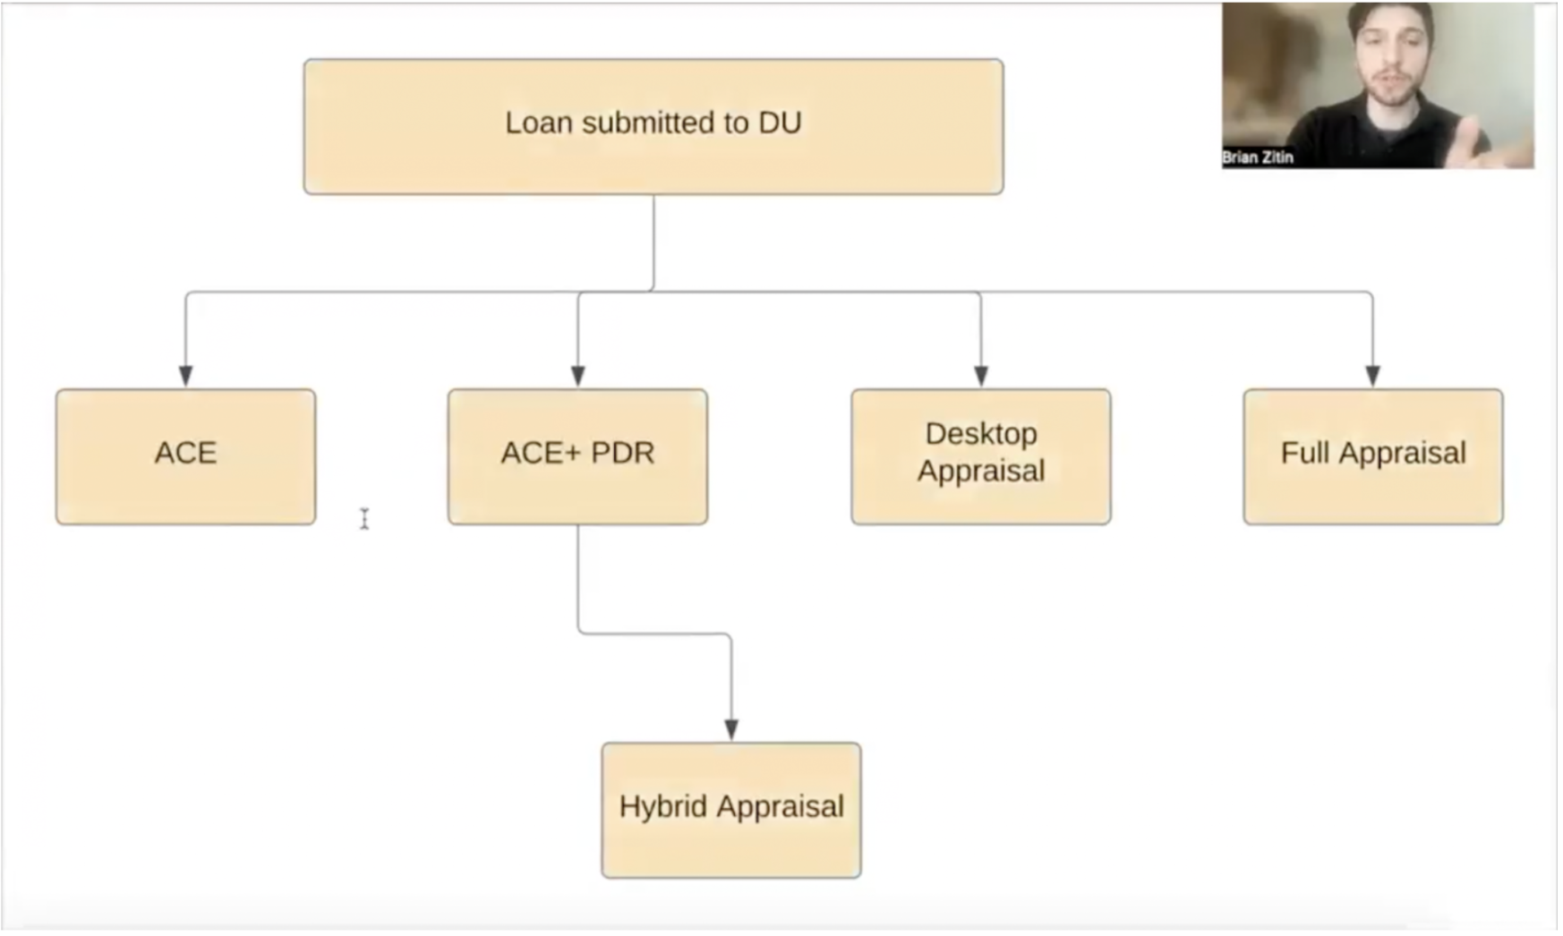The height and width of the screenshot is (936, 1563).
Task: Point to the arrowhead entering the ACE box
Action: point(185,375)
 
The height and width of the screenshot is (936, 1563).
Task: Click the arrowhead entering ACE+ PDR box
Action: point(577,375)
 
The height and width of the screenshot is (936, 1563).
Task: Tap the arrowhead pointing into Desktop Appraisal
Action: point(980,375)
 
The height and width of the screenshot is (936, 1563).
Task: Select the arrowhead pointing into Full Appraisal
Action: point(1372,375)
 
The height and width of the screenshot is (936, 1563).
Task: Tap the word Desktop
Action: point(980,434)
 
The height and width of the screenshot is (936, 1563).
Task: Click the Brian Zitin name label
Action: point(1258,157)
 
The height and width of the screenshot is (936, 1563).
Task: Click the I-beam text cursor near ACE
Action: point(364,519)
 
